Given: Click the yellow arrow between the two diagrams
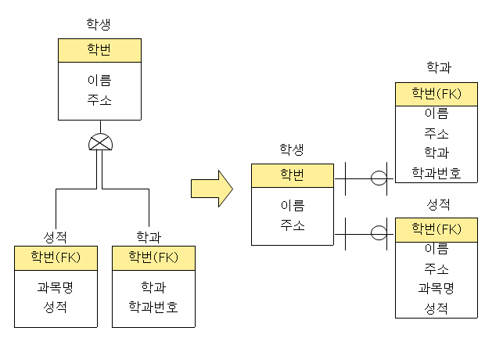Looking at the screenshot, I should click(212, 189).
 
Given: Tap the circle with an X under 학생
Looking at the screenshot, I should click(99, 142).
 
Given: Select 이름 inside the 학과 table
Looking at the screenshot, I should click(437, 113).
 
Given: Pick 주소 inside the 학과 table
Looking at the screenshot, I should click(437, 133).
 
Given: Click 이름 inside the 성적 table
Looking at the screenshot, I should click(437, 249).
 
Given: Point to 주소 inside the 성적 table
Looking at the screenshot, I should click(437, 268).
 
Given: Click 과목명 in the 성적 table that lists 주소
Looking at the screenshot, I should click(437, 288).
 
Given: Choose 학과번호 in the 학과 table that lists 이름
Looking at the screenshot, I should click(437, 172).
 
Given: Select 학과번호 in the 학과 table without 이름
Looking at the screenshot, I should click(153, 306).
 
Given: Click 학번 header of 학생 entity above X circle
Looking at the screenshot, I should click(99, 50).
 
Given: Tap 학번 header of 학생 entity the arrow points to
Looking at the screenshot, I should click(292, 174).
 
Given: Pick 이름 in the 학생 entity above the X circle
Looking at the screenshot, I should click(99, 80).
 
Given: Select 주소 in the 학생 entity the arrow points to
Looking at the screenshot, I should click(292, 225).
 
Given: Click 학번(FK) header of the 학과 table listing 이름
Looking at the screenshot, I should click(437, 94).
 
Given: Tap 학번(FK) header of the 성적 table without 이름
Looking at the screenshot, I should click(56, 257).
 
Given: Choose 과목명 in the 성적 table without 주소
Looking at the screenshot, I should click(56, 286).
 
